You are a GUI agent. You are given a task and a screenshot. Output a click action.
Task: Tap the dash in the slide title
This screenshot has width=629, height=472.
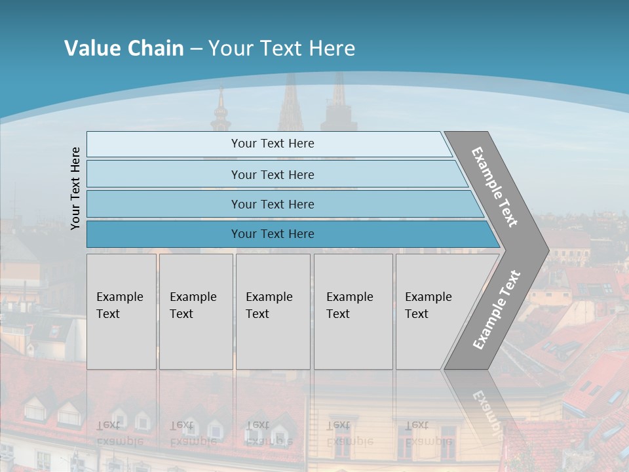(x=196, y=49)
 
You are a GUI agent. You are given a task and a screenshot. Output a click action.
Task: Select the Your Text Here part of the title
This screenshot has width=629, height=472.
(x=282, y=49)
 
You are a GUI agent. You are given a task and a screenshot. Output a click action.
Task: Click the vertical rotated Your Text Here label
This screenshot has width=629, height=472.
(x=75, y=189)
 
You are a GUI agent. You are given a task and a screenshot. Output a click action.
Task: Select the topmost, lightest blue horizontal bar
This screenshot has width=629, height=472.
(x=272, y=144)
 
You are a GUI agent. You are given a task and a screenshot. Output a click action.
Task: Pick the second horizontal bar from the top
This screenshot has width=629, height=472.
(x=272, y=174)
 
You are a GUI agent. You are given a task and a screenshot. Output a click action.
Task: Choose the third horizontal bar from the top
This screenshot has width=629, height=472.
(x=272, y=204)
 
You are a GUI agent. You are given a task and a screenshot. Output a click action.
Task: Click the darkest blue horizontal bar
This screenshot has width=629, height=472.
(x=272, y=234)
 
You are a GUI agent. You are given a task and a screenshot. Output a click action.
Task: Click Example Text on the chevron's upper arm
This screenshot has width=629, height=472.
(x=495, y=187)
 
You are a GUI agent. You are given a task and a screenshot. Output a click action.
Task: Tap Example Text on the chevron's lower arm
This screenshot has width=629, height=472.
(x=496, y=310)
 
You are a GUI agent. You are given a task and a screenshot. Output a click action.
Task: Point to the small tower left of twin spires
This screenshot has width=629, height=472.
(x=221, y=111)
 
